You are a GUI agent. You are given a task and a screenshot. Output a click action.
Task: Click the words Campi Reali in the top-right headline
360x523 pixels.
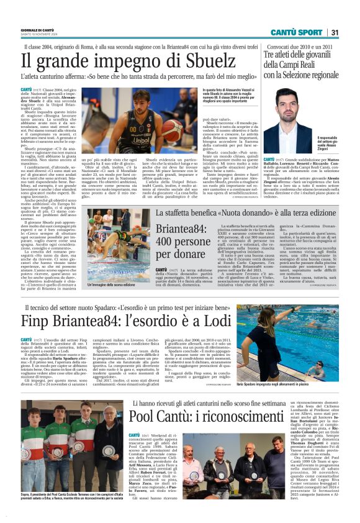click(x=308, y=64)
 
